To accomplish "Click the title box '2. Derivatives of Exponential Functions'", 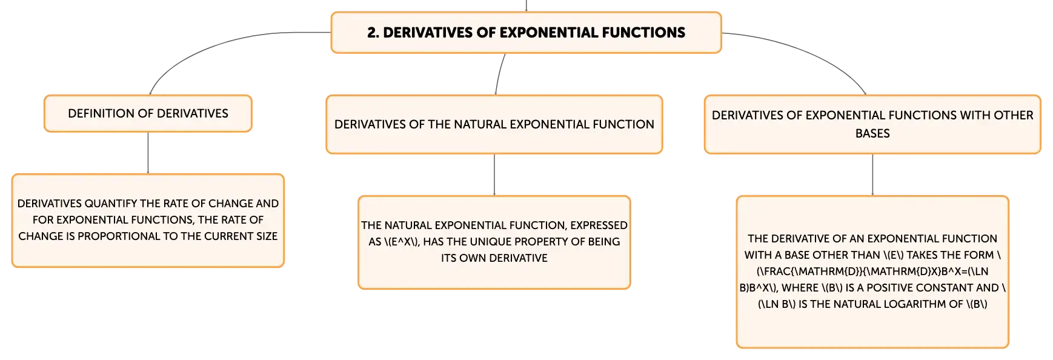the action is pos(526,33).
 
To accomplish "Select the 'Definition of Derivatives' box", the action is pos(148,113).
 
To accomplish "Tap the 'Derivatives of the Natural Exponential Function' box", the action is pos(494,124).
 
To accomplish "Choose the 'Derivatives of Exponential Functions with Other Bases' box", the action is pos(872,124).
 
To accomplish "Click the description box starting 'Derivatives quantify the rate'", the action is pos(148,221).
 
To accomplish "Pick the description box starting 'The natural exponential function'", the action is pos(494,242).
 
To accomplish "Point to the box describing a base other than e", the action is pos(872,272).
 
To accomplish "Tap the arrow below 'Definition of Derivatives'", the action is pos(148,153).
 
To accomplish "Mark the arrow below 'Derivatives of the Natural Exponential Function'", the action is pos(494,175).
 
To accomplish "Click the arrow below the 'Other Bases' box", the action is pos(872,175).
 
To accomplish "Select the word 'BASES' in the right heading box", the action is pos(872,133).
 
